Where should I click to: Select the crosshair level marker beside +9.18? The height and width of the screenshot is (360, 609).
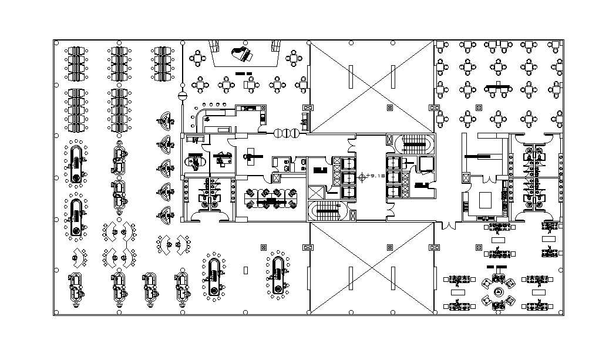tap(363, 176)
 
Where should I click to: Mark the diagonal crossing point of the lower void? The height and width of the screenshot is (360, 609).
tap(371, 268)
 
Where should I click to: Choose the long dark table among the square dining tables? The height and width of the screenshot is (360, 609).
tap(498, 89)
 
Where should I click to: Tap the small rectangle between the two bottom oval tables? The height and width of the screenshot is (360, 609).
tap(246, 270)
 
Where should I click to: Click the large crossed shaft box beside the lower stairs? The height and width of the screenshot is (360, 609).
tap(315, 193)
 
